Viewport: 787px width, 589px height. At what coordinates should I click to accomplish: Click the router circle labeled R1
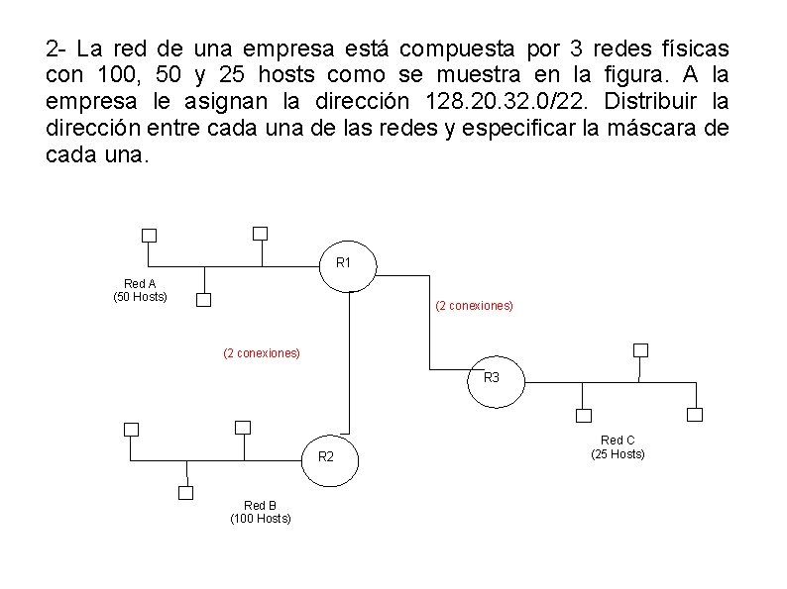click(343, 264)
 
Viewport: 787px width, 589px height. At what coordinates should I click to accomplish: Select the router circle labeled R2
click(326, 457)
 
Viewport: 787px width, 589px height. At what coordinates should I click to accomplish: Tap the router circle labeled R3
click(491, 379)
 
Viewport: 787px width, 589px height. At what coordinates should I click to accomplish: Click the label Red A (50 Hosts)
click(140, 290)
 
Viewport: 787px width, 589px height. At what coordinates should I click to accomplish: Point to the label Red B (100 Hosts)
click(261, 512)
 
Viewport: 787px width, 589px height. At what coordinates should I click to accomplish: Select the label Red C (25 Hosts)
click(618, 447)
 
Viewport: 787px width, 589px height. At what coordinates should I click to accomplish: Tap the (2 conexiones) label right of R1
click(474, 307)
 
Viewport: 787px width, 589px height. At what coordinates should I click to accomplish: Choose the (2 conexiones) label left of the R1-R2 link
click(262, 352)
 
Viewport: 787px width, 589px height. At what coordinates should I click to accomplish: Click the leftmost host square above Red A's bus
click(149, 236)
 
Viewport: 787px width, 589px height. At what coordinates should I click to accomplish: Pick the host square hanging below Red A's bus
click(203, 299)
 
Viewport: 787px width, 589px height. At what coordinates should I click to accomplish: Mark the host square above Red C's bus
click(640, 350)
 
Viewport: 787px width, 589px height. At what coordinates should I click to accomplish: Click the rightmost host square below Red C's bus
click(695, 414)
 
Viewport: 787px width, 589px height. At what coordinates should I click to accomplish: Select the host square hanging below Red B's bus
click(185, 492)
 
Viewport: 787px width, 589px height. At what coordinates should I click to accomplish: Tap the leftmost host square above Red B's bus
click(130, 429)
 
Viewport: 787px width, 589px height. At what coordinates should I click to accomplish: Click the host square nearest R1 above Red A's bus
click(260, 234)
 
